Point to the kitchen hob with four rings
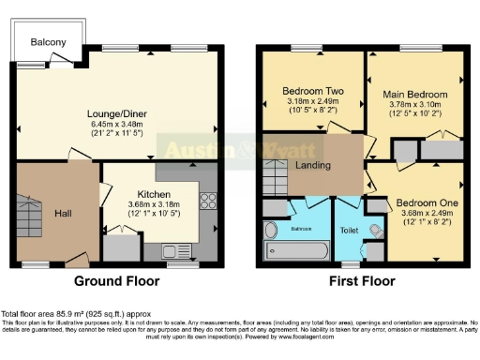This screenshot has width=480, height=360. (x=207, y=201)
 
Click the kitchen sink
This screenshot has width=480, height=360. (x=172, y=250)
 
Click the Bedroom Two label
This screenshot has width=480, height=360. (x=313, y=91)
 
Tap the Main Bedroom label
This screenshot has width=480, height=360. (x=414, y=95)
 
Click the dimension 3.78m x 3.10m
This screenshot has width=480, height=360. (x=414, y=106)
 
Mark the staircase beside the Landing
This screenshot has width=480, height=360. (x=273, y=175)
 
